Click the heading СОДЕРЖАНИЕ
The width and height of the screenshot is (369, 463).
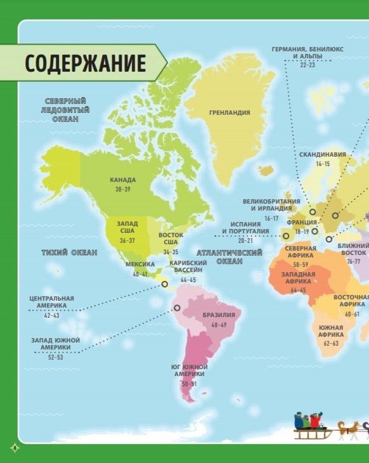85,63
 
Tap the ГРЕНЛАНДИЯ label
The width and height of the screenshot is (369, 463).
230,113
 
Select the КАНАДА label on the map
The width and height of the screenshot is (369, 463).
122,180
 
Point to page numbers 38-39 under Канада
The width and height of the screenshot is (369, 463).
122,190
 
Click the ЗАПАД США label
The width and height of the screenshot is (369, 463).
127,226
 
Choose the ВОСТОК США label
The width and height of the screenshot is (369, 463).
171,239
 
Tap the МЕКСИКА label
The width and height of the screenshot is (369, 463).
140,264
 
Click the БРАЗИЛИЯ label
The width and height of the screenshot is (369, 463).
219,315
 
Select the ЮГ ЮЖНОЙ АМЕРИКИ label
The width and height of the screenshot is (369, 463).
189,371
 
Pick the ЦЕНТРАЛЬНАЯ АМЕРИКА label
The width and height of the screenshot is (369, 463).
51,302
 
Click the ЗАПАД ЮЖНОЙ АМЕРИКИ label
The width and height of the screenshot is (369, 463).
56,344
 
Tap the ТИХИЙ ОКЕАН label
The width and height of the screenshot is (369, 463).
70,252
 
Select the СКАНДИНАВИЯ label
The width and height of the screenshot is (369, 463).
323,154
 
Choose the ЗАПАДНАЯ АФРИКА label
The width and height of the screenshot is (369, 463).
298,277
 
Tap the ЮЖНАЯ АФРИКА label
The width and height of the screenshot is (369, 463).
331,330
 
